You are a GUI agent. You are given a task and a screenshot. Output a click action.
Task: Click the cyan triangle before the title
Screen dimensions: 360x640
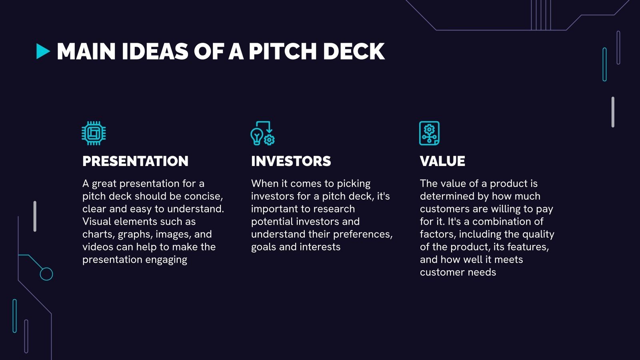coord(42,52)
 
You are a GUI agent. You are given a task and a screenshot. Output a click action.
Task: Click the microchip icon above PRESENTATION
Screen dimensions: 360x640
coord(94,133)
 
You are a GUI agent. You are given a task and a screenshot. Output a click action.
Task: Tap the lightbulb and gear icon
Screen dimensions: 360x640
coord(262,133)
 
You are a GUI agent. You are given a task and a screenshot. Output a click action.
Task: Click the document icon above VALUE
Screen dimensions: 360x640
coord(429,133)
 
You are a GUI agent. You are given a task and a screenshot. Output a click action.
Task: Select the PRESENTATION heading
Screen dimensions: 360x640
coord(135,161)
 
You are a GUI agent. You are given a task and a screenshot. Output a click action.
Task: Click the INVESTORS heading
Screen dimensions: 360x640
coord(291,161)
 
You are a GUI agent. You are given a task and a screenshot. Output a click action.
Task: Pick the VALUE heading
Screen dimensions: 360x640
coord(442,161)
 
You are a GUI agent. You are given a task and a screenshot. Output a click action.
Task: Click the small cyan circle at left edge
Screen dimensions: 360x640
coord(46,274)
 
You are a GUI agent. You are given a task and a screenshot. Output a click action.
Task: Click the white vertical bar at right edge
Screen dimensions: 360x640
coord(613,112)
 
